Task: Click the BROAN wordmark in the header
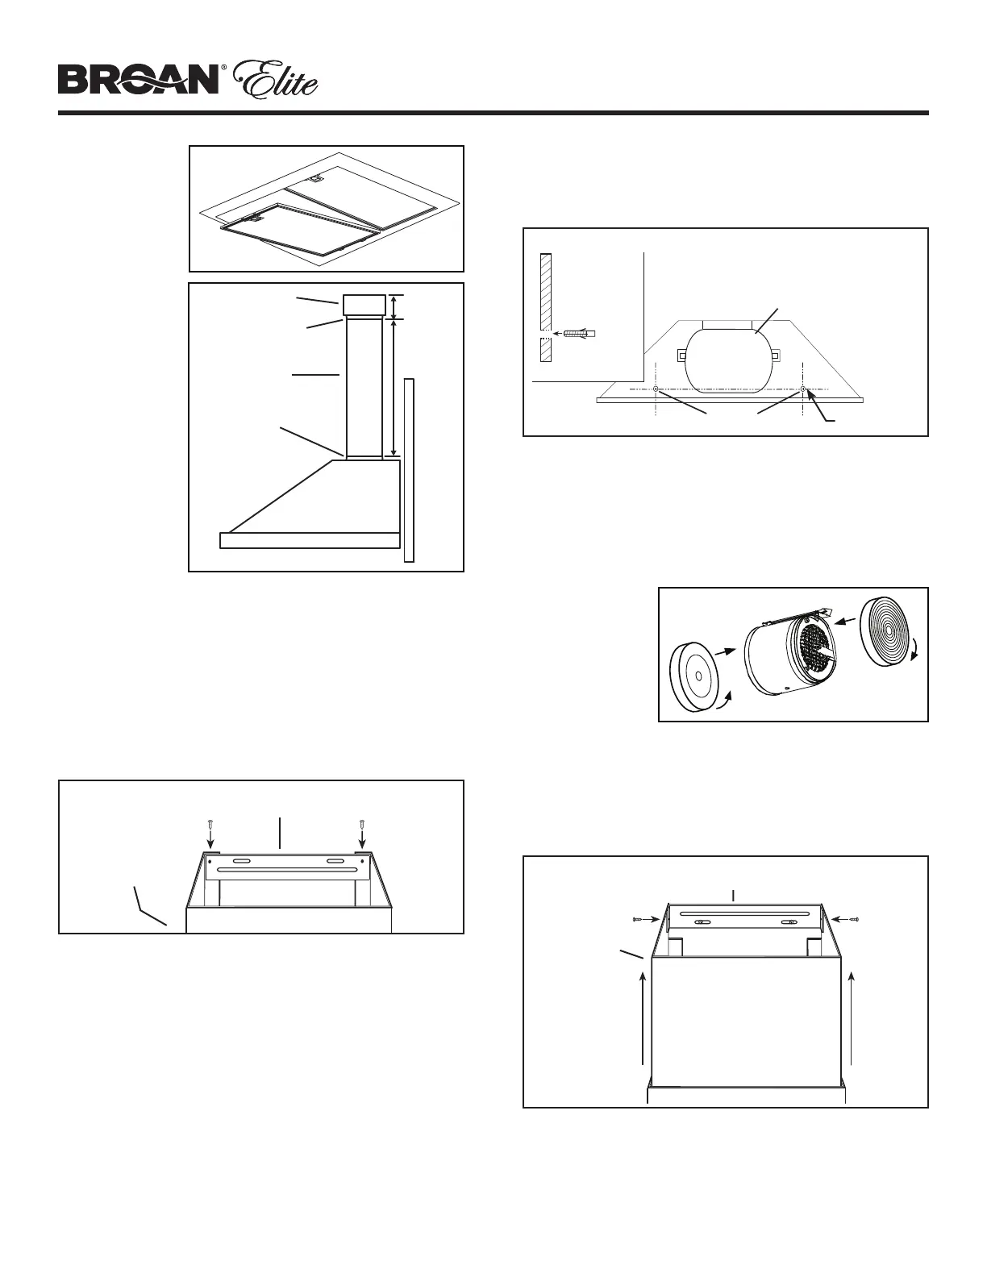pos(138,81)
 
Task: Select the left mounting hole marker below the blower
pos(656,389)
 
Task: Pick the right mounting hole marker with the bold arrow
pos(806,390)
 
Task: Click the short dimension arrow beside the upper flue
pos(393,306)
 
